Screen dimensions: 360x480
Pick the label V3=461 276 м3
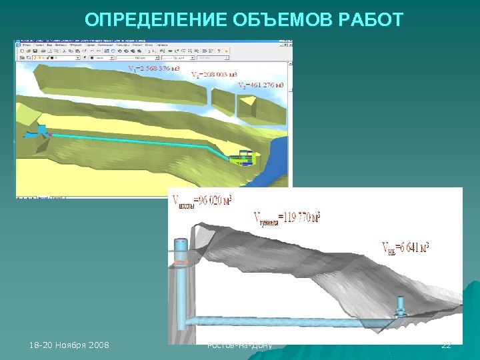261,85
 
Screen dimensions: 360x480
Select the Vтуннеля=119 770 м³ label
287,217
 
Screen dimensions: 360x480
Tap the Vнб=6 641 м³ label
405,248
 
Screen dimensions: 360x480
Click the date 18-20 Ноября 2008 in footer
70,345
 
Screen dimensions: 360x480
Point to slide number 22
447,345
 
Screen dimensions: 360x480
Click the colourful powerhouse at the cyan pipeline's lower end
241,157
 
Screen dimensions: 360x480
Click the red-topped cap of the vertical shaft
180,243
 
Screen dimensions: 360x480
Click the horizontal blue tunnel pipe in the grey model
280,321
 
